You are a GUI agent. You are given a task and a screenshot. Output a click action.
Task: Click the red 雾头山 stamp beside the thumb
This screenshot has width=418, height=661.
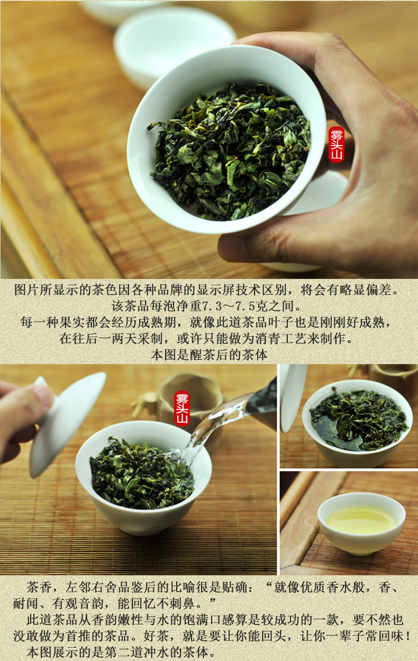(337, 144)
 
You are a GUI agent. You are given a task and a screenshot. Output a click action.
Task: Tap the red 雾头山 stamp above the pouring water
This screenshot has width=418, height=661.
(181, 409)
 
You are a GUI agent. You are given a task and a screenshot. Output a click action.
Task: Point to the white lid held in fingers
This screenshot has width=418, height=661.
(67, 424)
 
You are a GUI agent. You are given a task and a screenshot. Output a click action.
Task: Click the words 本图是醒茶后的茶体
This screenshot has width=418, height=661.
(209, 355)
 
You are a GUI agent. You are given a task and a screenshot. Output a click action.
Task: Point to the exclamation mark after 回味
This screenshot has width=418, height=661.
(407, 636)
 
